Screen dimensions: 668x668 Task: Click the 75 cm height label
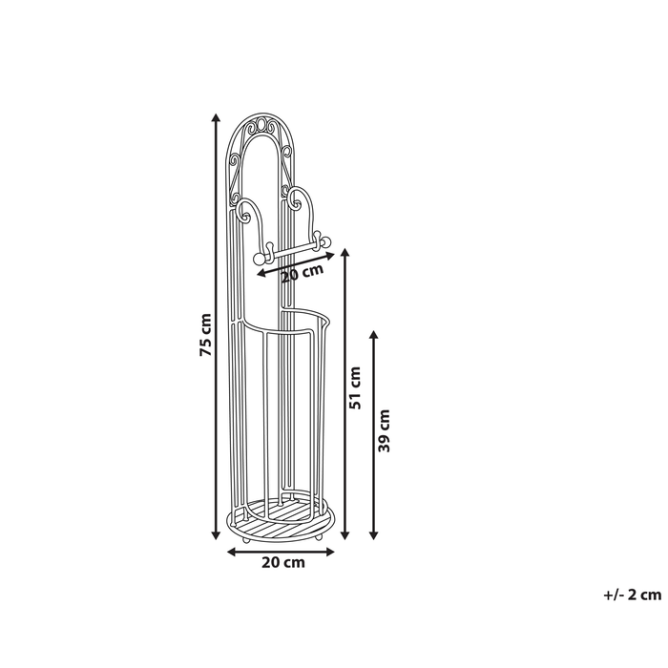(205, 334)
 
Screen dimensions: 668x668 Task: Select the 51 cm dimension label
(354, 387)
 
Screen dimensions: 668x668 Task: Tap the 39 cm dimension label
(385, 430)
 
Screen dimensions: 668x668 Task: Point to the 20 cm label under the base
(283, 562)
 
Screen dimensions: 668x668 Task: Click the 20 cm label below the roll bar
(303, 273)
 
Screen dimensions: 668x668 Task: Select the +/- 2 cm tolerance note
(632, 595)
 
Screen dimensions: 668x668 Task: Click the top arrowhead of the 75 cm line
(216, 118)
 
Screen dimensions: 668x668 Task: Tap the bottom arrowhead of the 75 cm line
(216, 535)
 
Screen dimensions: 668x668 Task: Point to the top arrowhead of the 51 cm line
(345, 253)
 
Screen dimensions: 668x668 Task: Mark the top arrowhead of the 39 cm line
(374, 335)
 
